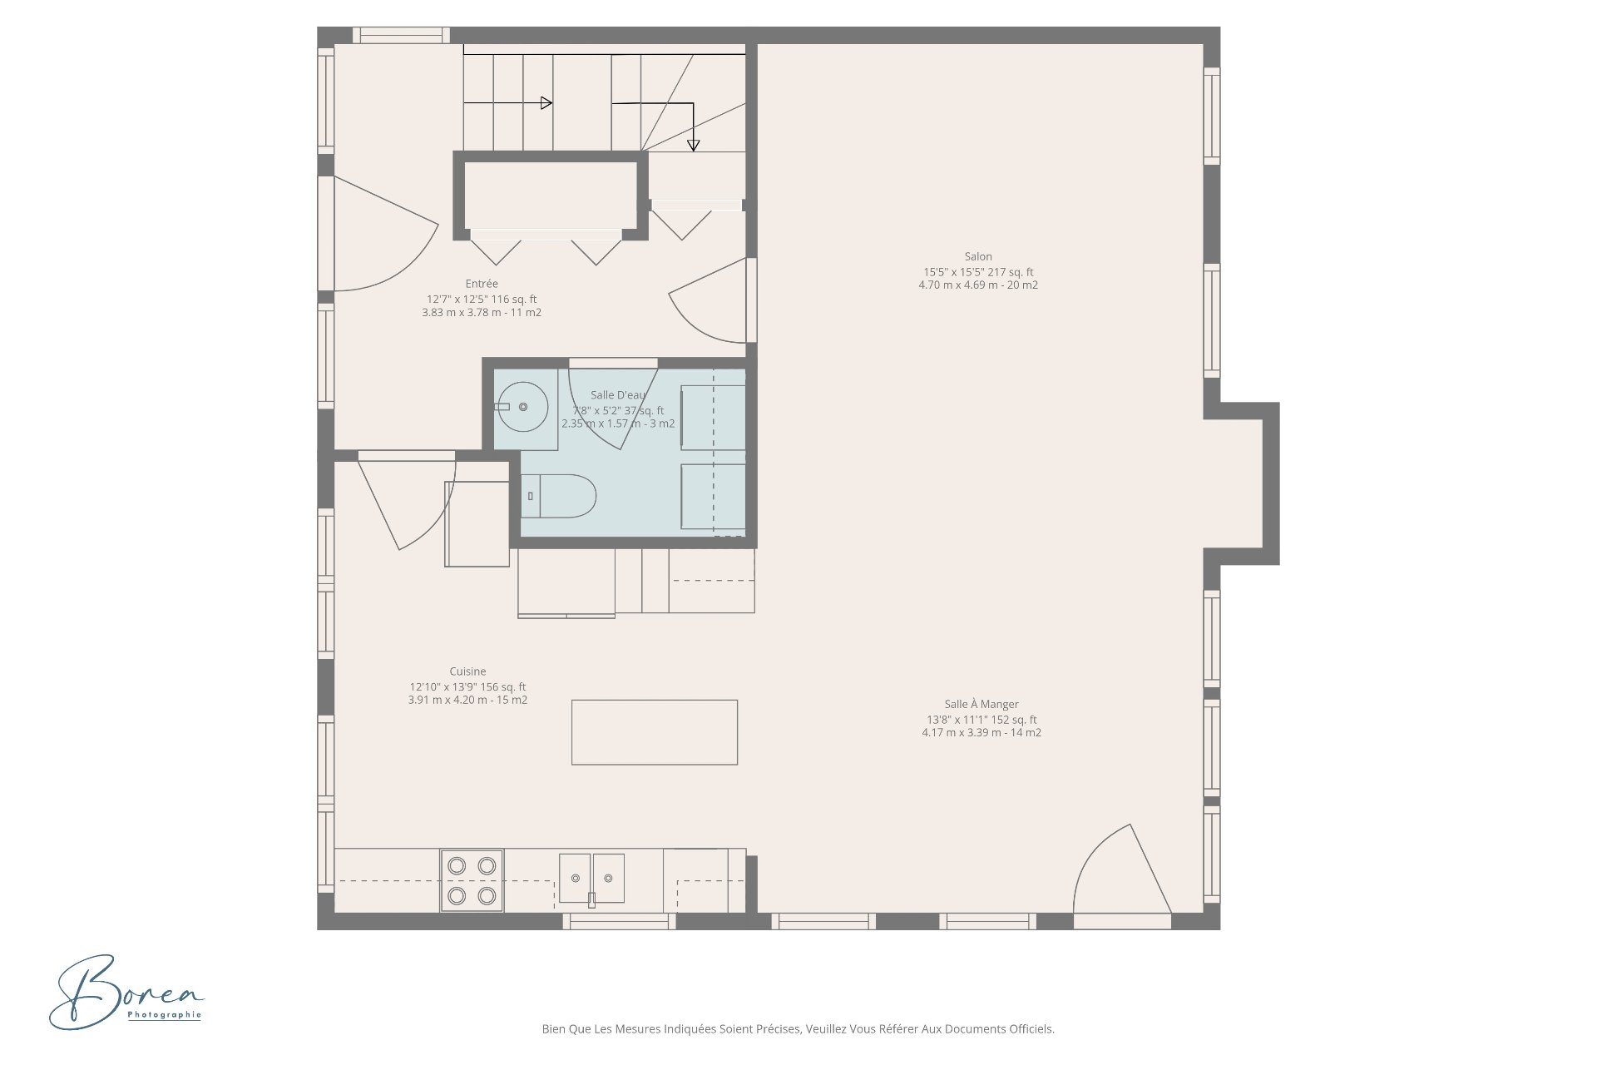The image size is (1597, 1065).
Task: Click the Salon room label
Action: (978, 257)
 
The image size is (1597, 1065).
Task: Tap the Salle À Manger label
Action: (981, 705)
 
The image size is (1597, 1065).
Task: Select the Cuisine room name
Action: (467, 671)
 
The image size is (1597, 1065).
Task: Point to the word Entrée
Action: (482, 284)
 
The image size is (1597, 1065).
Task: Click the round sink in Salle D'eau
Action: (522, 407)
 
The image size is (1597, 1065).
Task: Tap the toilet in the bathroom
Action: (559, 497)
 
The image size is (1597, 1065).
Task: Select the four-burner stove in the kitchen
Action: (472, 880)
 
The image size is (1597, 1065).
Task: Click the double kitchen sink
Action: (591, 879)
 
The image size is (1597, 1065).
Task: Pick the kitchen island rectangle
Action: (655, 732)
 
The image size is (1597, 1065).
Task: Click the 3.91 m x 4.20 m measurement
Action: (467, 701)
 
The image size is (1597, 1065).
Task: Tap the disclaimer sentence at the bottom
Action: (798, 1029)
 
